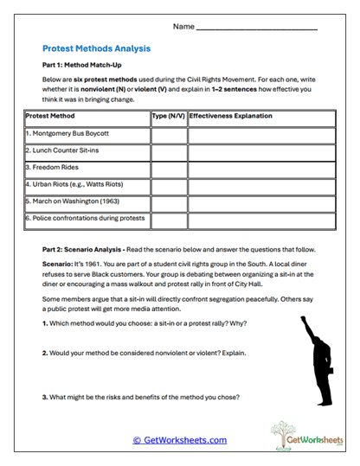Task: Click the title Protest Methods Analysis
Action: click(96, 48)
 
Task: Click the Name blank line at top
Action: click(257, 27)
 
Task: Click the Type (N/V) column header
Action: click(168, 115)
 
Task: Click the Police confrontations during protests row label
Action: click(85, 218)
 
